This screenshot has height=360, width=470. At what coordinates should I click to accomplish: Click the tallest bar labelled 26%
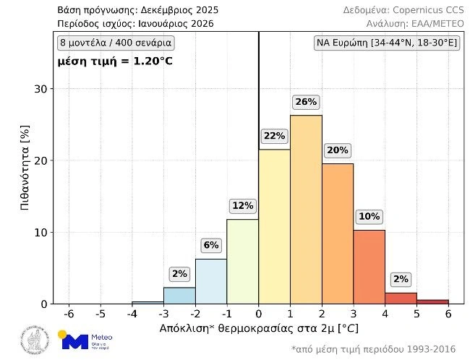(306, 210)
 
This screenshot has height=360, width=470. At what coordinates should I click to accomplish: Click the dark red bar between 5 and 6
(432, 301)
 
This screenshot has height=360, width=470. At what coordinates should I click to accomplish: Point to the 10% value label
(369, 216)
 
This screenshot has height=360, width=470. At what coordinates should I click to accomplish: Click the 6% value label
(211, 245)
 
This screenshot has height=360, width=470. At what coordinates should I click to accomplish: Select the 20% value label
(337, 150)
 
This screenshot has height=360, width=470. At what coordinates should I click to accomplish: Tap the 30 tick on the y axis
(42, 90)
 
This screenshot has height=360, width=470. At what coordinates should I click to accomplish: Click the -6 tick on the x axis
(69, 314)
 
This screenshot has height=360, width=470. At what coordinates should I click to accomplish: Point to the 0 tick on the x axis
(259, 314)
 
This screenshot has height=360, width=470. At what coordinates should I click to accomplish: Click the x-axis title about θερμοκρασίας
(259, 328)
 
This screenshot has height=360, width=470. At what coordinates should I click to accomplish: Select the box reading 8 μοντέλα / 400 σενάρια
(116, 43)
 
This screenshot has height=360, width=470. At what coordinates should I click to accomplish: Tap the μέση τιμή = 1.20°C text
(116, 61)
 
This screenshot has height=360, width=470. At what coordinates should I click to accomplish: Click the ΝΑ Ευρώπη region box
(387, 43)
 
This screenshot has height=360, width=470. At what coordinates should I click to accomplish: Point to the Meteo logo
(85, 340)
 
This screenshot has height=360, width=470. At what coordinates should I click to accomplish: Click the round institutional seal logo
(35, 340)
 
